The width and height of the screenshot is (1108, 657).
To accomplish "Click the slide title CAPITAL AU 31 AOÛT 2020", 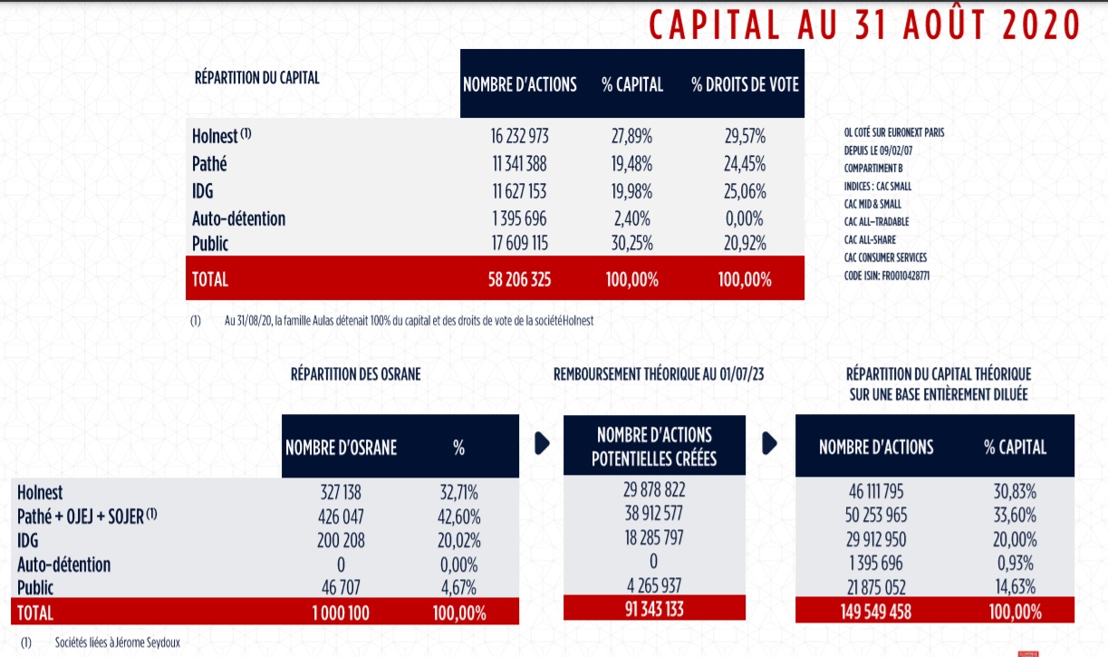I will coord(864,24).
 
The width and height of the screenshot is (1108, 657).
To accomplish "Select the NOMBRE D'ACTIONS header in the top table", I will coord(519,85).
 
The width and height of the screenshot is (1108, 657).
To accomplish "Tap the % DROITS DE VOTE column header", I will coord(745,85).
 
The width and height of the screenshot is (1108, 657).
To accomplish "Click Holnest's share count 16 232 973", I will coord(519,137).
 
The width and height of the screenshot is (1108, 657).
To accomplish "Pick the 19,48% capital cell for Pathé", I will coord(631,164).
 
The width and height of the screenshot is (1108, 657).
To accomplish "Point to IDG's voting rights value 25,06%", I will coord(745,191).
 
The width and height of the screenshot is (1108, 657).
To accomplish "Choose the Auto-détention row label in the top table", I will coord(238,218).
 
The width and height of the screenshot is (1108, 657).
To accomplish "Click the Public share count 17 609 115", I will coord(519,244).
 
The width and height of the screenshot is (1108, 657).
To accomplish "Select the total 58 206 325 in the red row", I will coord(519,279).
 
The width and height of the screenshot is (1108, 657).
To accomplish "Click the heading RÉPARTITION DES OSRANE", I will coord(355,374).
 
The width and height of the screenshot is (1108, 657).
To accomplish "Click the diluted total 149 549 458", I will coord(876,612).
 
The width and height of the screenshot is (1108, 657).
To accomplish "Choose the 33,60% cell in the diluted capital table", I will coord(1015,517).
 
